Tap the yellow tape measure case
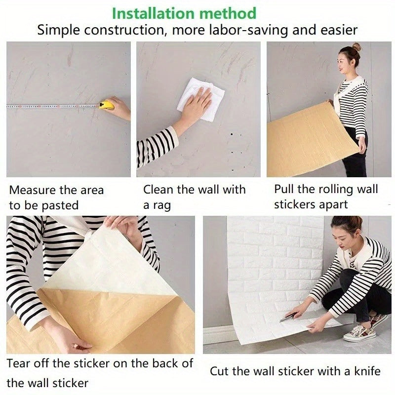(x=106, y=105)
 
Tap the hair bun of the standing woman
(x=356, y=47)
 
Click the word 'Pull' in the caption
(x=284, y=189)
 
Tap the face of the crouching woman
(x=344, y=233)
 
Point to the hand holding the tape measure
(x=119, y=108)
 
